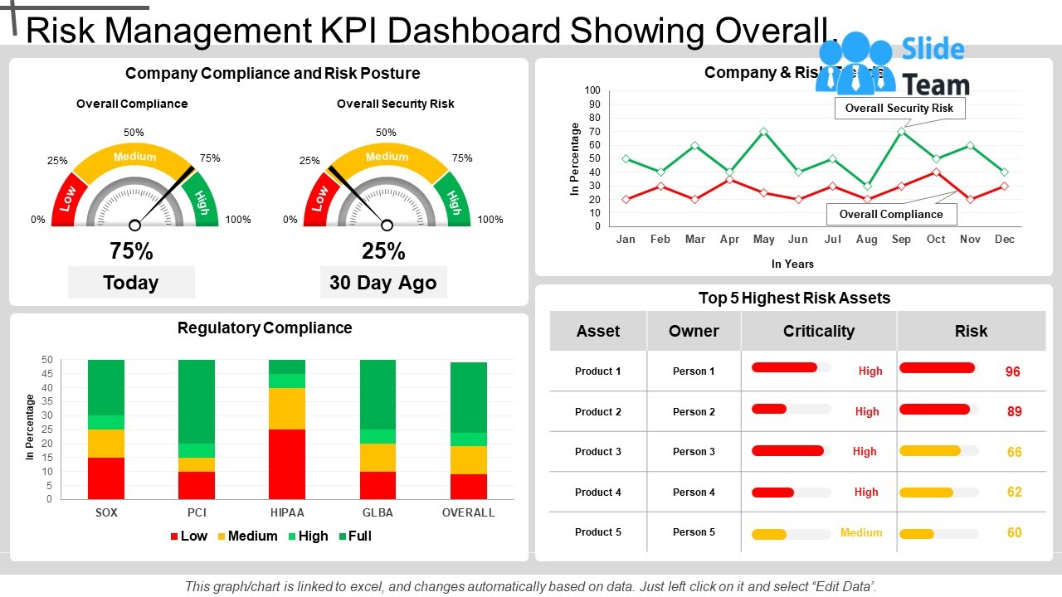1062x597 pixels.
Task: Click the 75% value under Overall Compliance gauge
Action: point(131,250)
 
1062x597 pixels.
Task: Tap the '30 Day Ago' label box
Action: point(383,283)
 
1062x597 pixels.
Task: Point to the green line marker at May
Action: point(763,132)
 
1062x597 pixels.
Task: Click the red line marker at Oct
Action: point(936,172)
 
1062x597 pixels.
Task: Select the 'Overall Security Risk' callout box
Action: point(899,108)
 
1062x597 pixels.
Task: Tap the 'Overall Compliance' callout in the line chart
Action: point(891,214)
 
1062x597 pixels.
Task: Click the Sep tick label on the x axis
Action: point(901,239)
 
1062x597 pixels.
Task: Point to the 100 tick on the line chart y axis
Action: point(592,90)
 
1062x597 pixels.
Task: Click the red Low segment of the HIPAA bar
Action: point(287,464)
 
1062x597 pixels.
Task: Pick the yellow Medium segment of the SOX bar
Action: point(106,444)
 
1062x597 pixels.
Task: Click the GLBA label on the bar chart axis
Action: point(378,512)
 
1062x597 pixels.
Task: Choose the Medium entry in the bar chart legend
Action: point(246,536)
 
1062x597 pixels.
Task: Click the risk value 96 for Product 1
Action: point(1013,371)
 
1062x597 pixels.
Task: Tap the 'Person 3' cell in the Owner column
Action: point(694,452)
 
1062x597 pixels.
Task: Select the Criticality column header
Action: point(818,331)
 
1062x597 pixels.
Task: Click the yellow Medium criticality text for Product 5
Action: point(861,532)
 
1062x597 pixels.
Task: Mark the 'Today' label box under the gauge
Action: point(131,283)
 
